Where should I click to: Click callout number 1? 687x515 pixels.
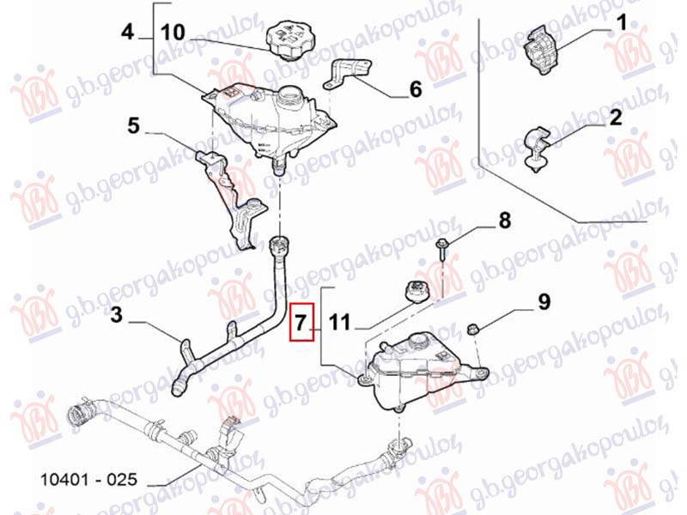click(621, 23)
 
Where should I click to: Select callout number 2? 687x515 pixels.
click(615, 118)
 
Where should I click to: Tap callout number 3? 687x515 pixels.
click(116, 314)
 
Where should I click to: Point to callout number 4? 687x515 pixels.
click(127, 32)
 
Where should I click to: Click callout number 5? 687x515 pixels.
click(133, 125)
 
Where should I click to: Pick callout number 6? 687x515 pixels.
click(416, 89)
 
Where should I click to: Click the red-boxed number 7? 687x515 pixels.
click(301, 323)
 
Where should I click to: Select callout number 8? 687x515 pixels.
click(505, 221)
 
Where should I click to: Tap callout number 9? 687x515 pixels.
click(544, 302)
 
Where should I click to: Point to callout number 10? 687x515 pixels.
click(173, 33)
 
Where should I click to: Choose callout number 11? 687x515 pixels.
click(339, 323)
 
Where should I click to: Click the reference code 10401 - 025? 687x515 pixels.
click(89, 480)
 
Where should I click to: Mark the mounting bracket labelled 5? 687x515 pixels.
click(228, 199)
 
